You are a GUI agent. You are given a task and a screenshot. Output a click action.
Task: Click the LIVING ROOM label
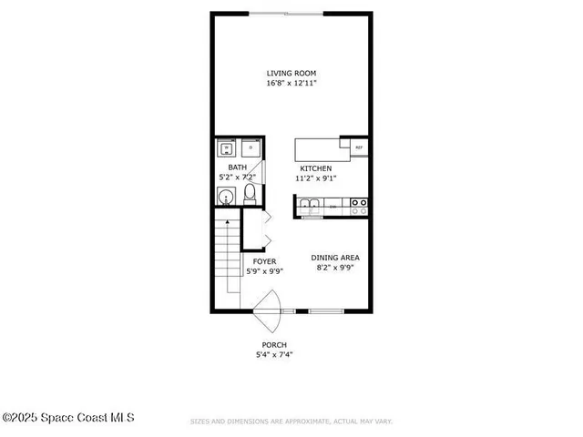click(291, 73)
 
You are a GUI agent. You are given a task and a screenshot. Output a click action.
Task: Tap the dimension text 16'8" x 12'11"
click(291, 83)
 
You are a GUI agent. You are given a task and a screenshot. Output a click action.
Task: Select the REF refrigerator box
click(358, 146)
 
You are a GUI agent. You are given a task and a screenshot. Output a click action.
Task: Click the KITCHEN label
click(316, 168)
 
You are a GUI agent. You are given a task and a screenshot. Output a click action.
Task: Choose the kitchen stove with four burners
click(359, 208)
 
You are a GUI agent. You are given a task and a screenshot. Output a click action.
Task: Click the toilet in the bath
click(251, 194)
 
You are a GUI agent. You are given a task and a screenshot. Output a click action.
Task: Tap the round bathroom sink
click(225, 196)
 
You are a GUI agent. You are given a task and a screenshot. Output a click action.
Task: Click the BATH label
click(237, 168)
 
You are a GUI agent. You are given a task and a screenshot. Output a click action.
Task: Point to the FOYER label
click(264, 261)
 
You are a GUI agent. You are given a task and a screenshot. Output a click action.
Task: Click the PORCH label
click(274, 345)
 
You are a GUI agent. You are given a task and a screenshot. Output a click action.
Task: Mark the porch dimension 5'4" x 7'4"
click(274, 355)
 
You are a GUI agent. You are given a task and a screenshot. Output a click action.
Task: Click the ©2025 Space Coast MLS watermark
click(68, 418)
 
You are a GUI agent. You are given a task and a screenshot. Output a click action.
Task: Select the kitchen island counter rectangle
click(317, 149)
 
